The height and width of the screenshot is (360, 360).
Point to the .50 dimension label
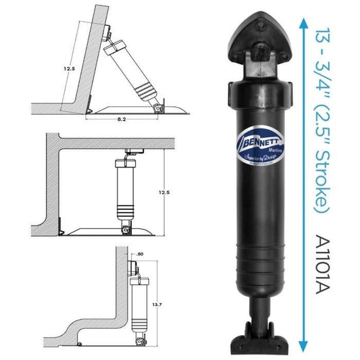click(x=140, y=255)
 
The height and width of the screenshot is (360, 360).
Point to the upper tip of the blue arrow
click(x=300, y=20)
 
